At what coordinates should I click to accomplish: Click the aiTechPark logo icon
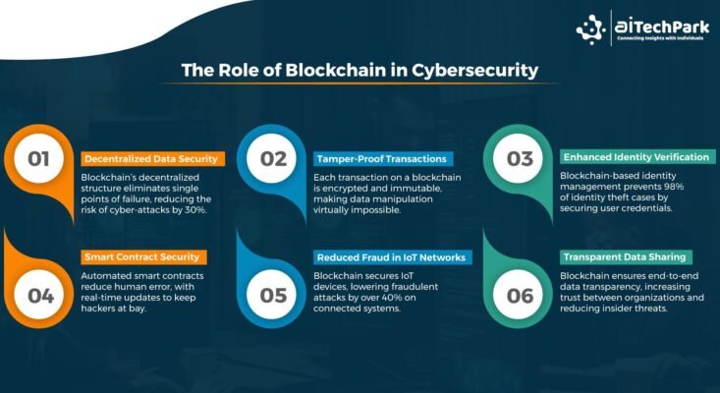click(x=591, y=29)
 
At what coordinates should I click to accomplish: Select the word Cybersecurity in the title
click(x=474, y=71)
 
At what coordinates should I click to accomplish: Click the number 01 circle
click(x=38, y=158)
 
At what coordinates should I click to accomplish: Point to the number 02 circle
click(x=273, y=158)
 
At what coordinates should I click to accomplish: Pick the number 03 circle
click(x=520, y=158)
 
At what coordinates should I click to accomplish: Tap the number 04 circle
click(x=40, y=295)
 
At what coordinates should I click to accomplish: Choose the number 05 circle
click(x=273, y=295)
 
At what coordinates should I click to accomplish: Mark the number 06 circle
click(x=520, y=295)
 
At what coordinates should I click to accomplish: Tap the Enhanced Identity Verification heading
click(x=637, y=157)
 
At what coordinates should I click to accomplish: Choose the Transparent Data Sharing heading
click(x=626, y=257)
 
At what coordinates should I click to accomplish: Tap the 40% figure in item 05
click(x=378, y=298)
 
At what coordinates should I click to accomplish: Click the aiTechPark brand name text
click(x=662, y=28)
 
